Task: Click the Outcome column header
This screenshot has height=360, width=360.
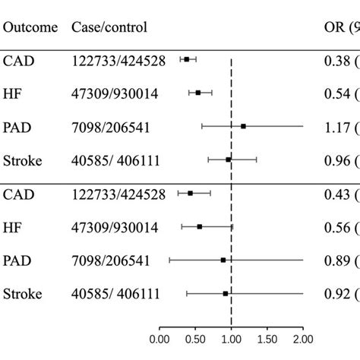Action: click(x=30, y=27)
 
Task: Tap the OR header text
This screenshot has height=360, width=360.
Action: click(x=332, y=27)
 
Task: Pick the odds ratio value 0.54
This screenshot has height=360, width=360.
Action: click(x=331, y=93)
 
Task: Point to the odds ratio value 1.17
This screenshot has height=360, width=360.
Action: click(x=331, y=126)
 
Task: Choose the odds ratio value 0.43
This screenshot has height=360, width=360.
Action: click(x=331, y=194)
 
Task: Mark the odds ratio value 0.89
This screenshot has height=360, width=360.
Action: click(x=331, y=261)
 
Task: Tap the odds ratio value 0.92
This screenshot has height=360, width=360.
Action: click(x=331, y=293)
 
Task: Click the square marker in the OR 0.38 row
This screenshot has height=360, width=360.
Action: click(x=186, y=59)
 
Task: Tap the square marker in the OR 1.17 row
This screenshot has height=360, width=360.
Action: click(x=243, y=126)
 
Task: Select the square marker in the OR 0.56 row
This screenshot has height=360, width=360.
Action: click(x=200, y=226)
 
